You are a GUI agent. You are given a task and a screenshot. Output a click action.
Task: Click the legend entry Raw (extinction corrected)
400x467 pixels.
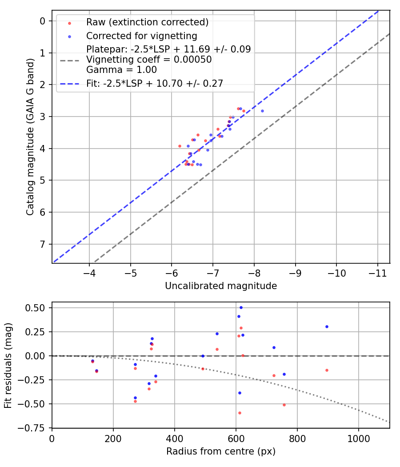tap(147, 22)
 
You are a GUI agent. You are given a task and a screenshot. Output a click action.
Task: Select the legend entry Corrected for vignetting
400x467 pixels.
tap(142, 36)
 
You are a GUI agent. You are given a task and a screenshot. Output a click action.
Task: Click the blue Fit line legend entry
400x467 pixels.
tap(155, 83)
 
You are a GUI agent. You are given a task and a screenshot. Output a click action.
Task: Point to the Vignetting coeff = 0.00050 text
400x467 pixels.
tap(149, 59)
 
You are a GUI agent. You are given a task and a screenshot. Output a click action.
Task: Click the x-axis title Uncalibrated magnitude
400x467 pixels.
tap(221, 286)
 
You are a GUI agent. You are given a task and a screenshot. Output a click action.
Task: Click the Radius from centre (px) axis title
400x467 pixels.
tap(221, 451)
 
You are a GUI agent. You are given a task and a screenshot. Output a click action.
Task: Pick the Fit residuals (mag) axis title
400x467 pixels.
tap(8, 365)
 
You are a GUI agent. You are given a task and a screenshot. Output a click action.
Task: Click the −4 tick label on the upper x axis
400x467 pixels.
tap(89, 272)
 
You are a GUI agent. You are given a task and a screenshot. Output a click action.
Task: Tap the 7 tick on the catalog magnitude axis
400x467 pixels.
tap(43, 244)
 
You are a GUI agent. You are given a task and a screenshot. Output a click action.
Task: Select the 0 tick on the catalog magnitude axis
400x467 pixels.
tap(43, 21)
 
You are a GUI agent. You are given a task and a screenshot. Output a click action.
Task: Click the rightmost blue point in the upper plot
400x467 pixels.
tap(262, 111)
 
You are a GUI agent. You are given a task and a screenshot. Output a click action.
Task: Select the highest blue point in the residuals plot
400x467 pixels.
tap(241, 307)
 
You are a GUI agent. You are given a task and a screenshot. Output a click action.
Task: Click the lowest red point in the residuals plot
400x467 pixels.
tap(240, 413)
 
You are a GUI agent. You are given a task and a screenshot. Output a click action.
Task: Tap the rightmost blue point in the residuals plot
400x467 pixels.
tap(327, 326)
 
